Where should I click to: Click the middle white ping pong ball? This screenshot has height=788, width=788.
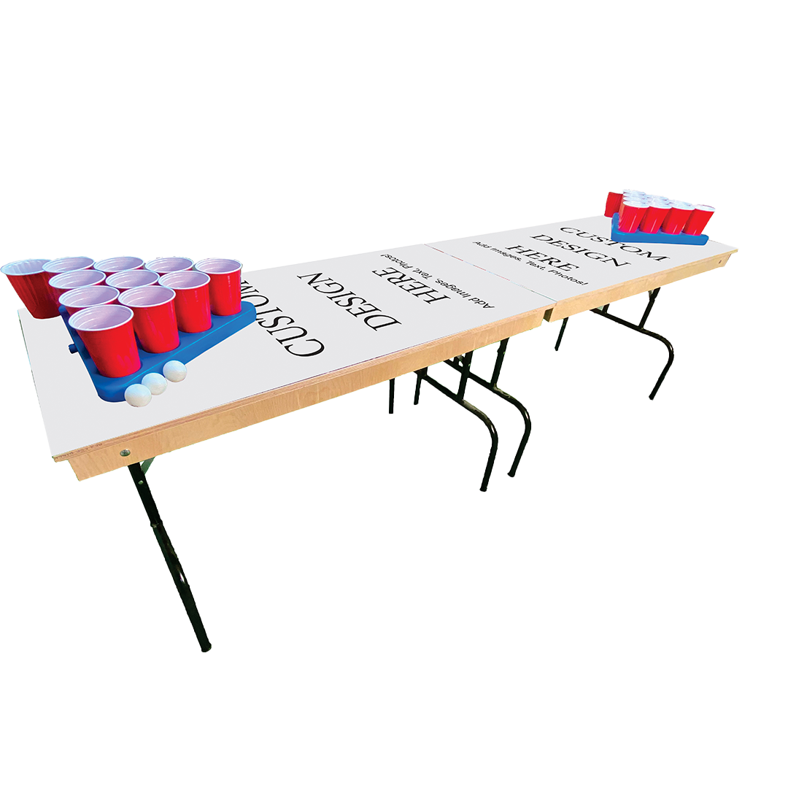pyautogui.click(x=154, y=383)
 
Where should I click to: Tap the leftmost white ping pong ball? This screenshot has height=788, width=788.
pyautogui.click(x=137, y=394)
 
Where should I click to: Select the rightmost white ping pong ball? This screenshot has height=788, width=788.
pyautogui.click(x=174, y=371)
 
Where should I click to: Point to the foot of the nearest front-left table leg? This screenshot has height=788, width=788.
pyautogui.click(x=206, y=646)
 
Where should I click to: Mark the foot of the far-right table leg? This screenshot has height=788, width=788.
pyautogui.click(x=652, y=398)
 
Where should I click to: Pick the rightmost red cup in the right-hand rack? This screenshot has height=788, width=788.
pyautogui.click(x=702, y=218)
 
